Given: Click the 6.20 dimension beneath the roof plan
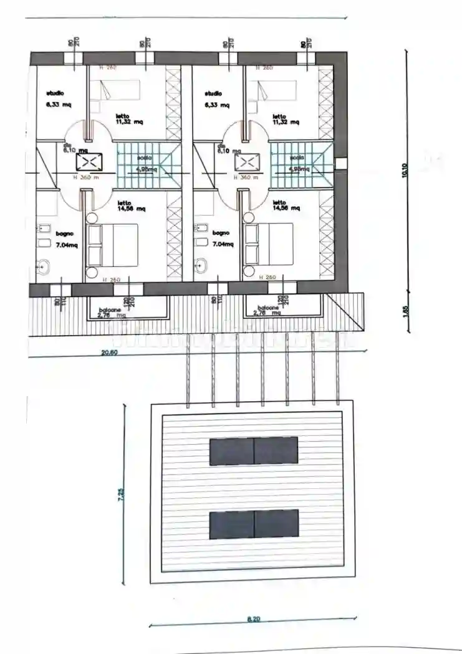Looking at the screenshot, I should [253, 619].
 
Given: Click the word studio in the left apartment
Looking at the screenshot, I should [55, 93].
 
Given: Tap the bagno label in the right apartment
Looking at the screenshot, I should [221, 234].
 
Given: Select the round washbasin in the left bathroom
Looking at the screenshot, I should [43, 267].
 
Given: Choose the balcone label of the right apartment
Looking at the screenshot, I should [269, 308].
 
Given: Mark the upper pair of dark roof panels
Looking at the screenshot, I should [254, 450].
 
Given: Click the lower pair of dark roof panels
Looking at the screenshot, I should [254, 524].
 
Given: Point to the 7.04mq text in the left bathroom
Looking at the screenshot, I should [65, 245].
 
